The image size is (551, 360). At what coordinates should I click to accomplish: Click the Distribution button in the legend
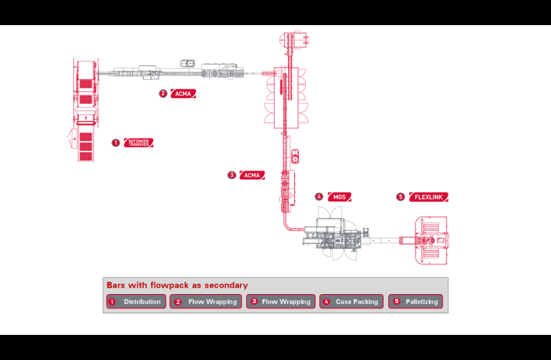click(x=136, y=302)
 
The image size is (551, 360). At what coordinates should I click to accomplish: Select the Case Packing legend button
click(x=352, y=302)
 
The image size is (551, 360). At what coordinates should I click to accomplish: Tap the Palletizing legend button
click(x=415, y=302)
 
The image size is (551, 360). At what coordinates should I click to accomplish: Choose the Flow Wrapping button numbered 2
click(x=207, y=302)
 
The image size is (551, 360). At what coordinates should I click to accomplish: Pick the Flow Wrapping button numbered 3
click(x=281, y=302)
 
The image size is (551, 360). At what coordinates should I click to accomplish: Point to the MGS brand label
click(x=339, y=197)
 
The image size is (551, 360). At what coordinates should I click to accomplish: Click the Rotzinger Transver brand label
click(x=138, y=143)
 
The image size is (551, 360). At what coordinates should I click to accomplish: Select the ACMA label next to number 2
click(x=183, y=94)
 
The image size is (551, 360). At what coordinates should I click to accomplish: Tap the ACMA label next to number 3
click(x=252, y=175)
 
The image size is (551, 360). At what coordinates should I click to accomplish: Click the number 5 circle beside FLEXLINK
click(x=400, y=197)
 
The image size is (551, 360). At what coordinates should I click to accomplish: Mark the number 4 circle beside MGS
click(x=319, y=197)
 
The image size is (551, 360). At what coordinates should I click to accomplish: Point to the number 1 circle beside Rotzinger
click(x=116, y=143)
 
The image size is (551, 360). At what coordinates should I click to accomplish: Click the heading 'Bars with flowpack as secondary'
click(x=176, y=285)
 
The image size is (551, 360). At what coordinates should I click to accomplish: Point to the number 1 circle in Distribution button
click(x=111, y=302)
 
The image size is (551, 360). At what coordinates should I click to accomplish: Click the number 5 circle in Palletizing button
click(x=395, y=302)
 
